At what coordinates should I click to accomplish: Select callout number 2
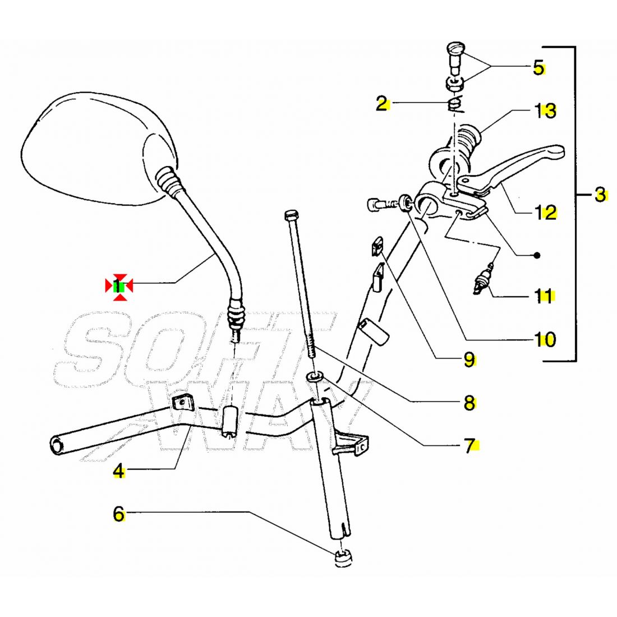[x=382, y=103]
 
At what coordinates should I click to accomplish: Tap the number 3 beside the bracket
[x=600, y=195]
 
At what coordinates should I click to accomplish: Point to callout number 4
[x=119, y=471]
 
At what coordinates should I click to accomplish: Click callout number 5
[x=538, y=68]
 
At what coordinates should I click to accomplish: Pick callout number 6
[x=119, y=513]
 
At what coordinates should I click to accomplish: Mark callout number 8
[x=469, y=402]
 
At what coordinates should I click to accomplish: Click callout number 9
[x=469, y=360]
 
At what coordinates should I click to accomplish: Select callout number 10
[x=544, y=339]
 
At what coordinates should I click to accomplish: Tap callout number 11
[x=544, y=296]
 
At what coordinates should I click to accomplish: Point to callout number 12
[x=545, y=212]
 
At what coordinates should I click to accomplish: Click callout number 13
[x=545, y=110]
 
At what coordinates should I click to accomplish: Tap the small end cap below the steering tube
[x=342, y=559]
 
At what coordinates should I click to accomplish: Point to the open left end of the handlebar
[x=57, y=445]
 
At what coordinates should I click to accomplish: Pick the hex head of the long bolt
[x=291, y=215]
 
